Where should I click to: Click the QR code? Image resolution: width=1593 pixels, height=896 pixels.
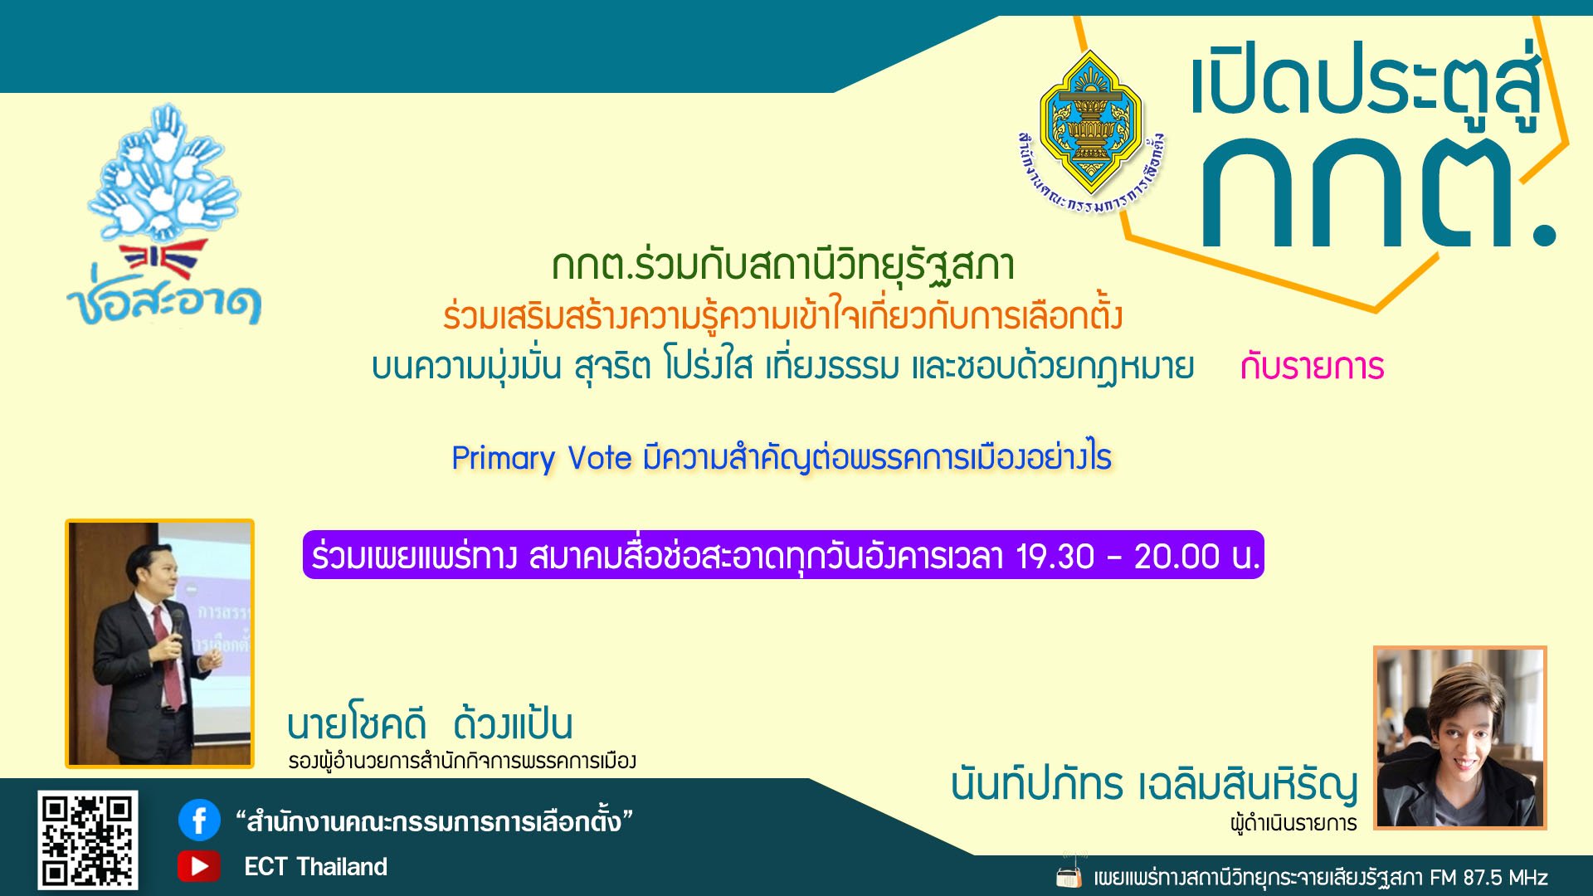click(87, 839)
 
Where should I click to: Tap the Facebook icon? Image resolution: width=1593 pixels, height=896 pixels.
click(199, 821)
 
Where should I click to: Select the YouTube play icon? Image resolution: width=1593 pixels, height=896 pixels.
click(198, 866)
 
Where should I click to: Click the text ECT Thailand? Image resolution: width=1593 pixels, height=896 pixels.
click(315, 867)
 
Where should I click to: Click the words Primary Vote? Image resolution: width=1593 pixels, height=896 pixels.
click(541, 458)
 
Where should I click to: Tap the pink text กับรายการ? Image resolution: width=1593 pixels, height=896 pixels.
click(1312, 367)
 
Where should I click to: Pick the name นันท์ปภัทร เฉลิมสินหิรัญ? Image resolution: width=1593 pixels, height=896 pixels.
click(1154, 784)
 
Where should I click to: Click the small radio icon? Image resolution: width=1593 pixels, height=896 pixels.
click(1069, 876)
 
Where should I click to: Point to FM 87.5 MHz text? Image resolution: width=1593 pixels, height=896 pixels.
click(1488, 878)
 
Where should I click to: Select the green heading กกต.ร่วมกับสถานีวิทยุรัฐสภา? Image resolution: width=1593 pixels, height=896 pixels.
click(783, 265)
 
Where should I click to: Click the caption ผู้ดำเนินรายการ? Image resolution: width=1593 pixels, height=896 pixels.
click(1293, 824)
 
